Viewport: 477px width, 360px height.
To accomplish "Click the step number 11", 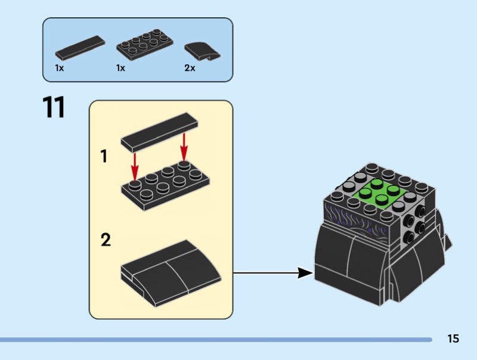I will pyautogui.click(x=53, y=108).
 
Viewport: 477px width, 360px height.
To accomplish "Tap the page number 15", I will pyautogui.click(x=453, y=339).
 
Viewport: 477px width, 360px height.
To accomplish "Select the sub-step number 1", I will pyautogui.click(x=104, y=157).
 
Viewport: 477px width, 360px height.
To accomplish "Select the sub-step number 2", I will pyautogui.click(x=106, y=240).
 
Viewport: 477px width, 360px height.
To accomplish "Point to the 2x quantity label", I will pyautogui.click(x=190, y=69).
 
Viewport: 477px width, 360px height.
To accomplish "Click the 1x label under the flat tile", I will pyautogui.click(x=60, y=69).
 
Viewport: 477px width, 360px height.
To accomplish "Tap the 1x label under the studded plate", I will pyautogui.click(x=120, y=69).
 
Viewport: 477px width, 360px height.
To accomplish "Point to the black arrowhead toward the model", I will pyautogui.click(x=305, y=273).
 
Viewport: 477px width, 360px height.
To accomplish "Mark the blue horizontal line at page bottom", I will pyautogui.click(x=215, y=340).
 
